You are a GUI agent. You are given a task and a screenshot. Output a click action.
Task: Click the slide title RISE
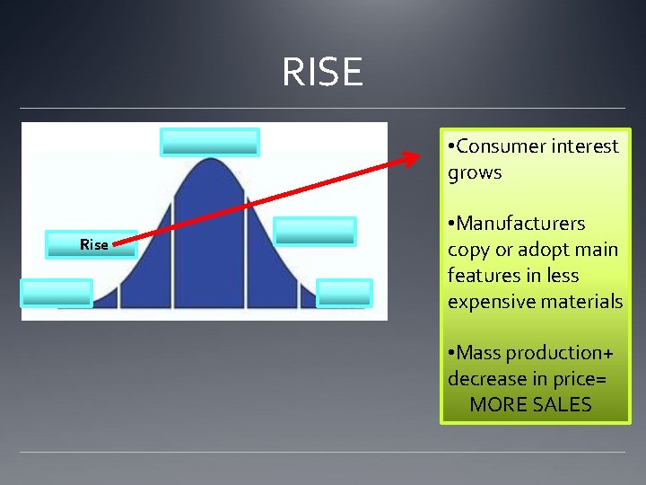tap(322, 72)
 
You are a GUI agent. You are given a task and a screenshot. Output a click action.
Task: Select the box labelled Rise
tap(92, 244)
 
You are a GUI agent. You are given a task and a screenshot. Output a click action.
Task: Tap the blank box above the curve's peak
tap(209, 142)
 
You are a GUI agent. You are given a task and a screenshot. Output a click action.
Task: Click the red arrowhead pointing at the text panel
tap(411, 159)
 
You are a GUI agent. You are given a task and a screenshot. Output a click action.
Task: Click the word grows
tap(475, 172)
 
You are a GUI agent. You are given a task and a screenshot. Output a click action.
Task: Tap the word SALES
tap(556, 405)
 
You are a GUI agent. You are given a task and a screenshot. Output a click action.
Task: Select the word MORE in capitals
tap(494, 405)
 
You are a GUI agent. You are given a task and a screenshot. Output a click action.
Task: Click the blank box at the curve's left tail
tap(57, 293)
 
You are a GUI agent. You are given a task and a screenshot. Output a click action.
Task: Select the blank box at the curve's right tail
tap(345, 293)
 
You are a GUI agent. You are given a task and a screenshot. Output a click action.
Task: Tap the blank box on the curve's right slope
tap(315, 232)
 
